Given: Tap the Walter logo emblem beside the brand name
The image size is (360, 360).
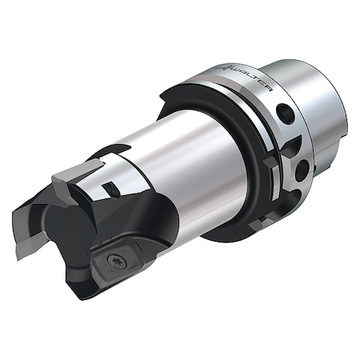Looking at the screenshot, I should (228, 66).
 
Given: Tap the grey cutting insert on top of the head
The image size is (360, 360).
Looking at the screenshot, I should (78, 169).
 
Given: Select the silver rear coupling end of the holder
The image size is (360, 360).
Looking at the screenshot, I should (320, 104).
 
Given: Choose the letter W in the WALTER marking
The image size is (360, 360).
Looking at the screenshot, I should (239, 70).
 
